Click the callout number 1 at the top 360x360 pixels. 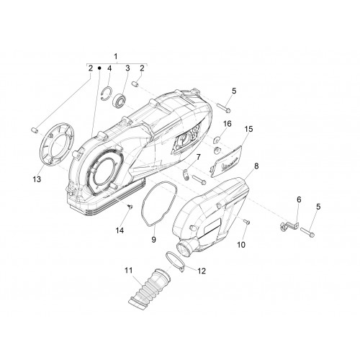point(116,57)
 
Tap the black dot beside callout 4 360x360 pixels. point(99,68)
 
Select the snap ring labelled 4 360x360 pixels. point(106,92)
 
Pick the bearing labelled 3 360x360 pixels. point(119,101)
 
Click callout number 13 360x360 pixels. point(37,179)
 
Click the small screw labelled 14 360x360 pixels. point(130,207)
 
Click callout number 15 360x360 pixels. point(249,129)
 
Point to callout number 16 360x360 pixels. point(228,124)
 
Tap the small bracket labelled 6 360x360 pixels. point(289,225)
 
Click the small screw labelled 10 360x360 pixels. point(246,222)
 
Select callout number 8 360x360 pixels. point(256,166)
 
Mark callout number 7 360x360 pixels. point(198,158)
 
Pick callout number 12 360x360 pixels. point(202,271)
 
